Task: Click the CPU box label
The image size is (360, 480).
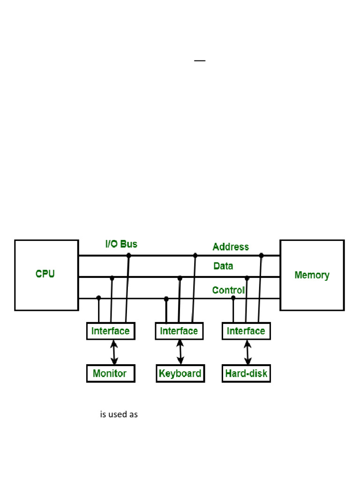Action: (45, 274)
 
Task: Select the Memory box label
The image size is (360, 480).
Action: (312, 275)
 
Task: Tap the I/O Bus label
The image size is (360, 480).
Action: (121, 244)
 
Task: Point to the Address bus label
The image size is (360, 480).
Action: (231, 247)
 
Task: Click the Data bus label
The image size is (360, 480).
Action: (223, 266)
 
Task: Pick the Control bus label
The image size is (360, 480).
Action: (228, 290)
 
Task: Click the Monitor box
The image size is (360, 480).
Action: (110, 374)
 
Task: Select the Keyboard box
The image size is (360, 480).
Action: (180, 374)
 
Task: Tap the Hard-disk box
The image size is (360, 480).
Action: (246, 374)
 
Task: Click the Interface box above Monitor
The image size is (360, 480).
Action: (110, 331)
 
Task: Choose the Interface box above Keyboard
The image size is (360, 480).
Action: (179, 331)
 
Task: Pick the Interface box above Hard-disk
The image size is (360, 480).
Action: (246, 331)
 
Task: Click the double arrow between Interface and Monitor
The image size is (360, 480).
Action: (114, 352)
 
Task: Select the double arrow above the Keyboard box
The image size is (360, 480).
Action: (180, 352)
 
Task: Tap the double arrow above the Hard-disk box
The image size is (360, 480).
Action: (248, 352)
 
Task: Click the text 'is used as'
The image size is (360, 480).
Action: (119, 415)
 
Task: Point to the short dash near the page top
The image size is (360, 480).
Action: (200, 61)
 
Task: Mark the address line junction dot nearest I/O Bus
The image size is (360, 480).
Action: (128, 255)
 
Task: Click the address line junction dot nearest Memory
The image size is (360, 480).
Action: (262, 255)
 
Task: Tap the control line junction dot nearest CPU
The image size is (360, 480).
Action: (98, 298)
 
